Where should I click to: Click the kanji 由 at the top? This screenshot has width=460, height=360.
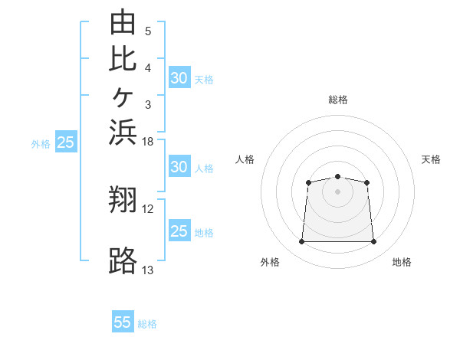coord(123,21)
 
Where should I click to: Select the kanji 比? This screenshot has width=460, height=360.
coord(123,60)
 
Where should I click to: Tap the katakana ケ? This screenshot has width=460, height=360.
coord(123,97)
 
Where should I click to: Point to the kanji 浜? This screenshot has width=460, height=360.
coord(123,133)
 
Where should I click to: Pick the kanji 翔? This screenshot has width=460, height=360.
coord(123,199)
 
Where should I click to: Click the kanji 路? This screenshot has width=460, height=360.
coord(123,260)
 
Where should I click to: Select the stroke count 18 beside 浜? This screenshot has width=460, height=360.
coord(147,142)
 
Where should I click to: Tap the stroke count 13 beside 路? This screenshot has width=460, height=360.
coord(147,270)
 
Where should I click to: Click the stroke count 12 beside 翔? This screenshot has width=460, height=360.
coord(147,209)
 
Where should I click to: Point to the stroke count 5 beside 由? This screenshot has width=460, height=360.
coord(148,31)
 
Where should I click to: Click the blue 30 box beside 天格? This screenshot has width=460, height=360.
coord(179,77)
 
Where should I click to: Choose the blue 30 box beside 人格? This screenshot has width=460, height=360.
coord(179,166)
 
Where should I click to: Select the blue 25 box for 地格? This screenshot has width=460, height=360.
coord(179,230)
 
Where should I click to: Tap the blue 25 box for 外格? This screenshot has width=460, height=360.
coord(66,141)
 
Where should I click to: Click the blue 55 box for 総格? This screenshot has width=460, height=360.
coord(123,321)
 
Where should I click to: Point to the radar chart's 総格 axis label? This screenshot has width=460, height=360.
coord(338,100)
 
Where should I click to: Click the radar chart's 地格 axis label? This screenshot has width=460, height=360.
coord(402,262)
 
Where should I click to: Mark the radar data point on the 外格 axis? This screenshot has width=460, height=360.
coord(301,241)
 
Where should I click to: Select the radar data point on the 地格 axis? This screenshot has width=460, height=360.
coord(373,241)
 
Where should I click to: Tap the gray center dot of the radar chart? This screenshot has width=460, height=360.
coord(337,191)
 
